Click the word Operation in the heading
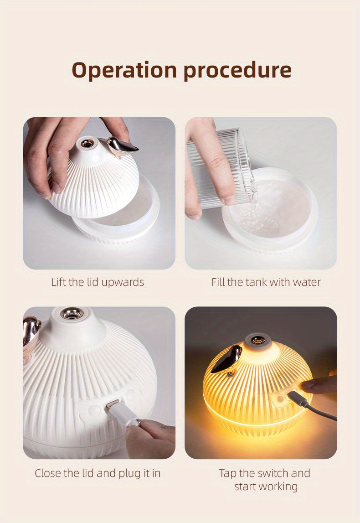pyautogui.click(x=124, y=70)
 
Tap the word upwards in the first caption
pyautogui.click(x=122, y=283)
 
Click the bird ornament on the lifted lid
pyautogui.click(x=121, y=147)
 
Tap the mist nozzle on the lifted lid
pyautogui.click(x=87, y=144)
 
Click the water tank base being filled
pyautogui.click(x=270, y=210)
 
